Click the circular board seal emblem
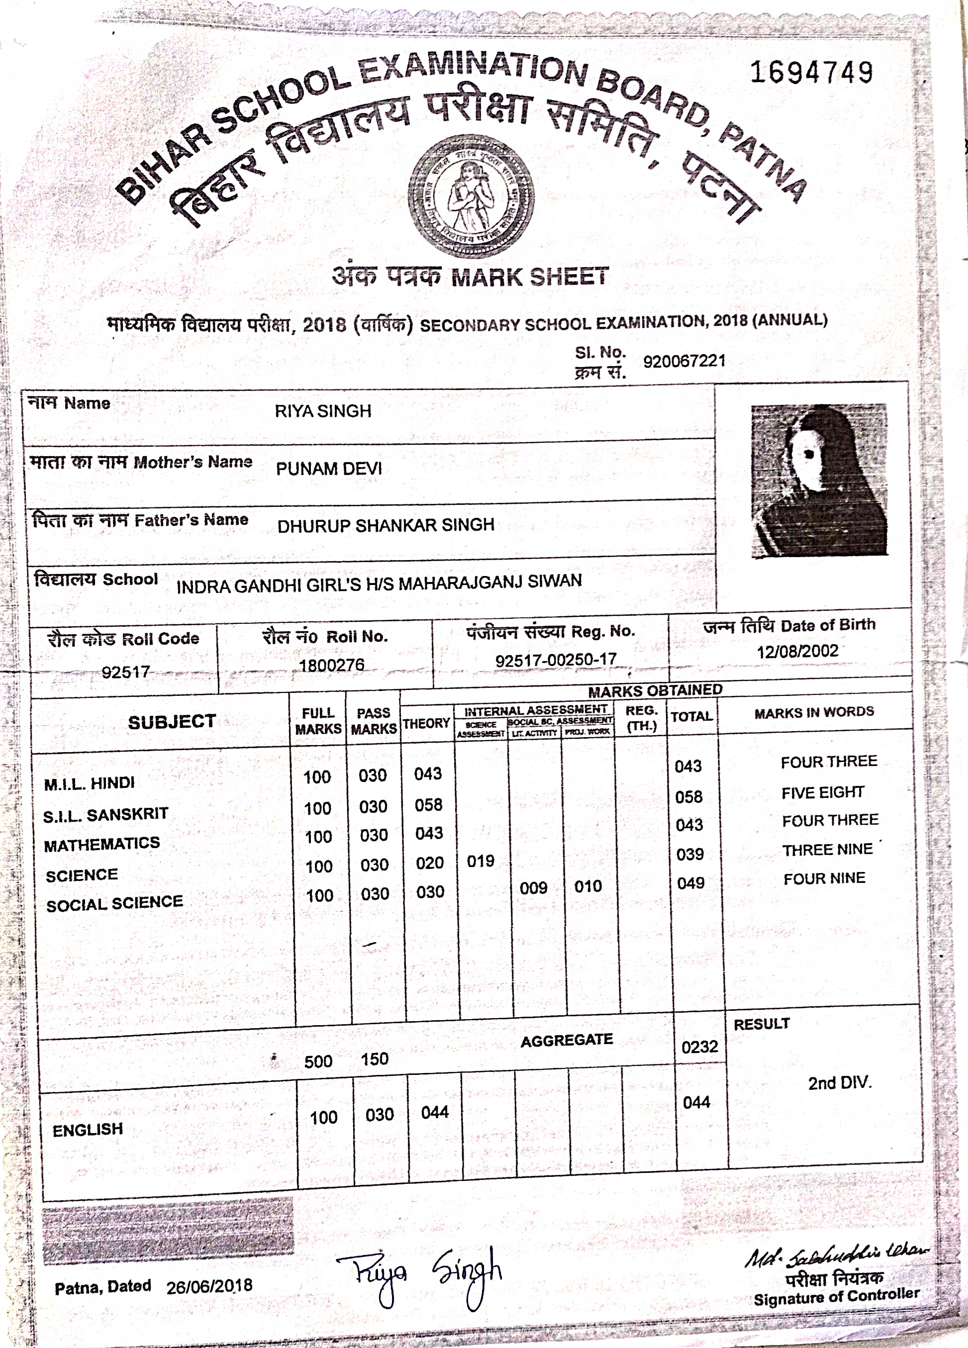tap(471, 196)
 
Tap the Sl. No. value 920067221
tap(684, 361)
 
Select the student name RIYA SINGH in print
tap(323, 411)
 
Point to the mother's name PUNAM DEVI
tap(329, 469)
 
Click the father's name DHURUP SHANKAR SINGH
tap(386, 525)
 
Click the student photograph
tap(819, 480)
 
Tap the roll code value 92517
tap(125, 672)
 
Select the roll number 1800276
tap(332, 665)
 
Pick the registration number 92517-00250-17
tap(556, 660)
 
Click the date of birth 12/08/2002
tap(797, 652)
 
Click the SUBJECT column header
tap(172, 722)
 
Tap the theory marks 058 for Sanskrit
tap(428, 805)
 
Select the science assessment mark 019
tap(480, 861)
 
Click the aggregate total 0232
tap(699, 1047)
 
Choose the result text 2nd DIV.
tap(839, 1083)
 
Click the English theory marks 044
tap(434, 1113)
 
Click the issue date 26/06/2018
tap(209, 1287)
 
